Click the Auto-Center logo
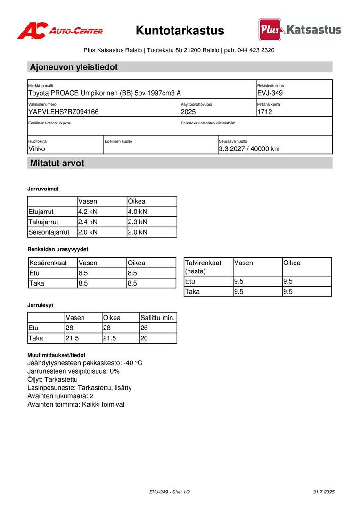[x=60, y=31]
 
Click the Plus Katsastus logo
[x=300, y=30]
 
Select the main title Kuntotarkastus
[x=180, y=31]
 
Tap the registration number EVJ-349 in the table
[x=270, y=93]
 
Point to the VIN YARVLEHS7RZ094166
[x=64, y=112]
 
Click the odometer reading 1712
[x=265, y=112]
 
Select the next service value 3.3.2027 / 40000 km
[x=249, y=149]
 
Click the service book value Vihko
[x=37, y=149]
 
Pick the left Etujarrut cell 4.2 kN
[x=88, y=212]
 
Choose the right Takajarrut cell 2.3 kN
[x=138, y=222]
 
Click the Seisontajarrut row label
[x=49, y=232]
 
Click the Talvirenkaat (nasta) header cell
[x=204, y=267]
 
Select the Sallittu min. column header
[x=158, y=318]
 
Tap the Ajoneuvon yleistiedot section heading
[x=74, y=67]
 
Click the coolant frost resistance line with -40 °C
[x=85, y=363]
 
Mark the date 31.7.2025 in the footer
[x=323, y=492]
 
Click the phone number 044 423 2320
[x=256, y=50]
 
